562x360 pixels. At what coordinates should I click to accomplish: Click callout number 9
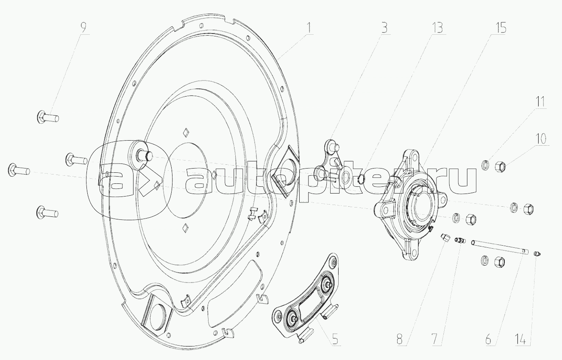coord(83,28)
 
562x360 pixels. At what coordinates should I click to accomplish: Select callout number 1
coord(309,28)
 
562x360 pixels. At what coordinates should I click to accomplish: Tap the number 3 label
coord(384,28)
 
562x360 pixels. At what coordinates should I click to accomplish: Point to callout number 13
coord(437,28)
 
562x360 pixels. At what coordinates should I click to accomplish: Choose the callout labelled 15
coord(500,28)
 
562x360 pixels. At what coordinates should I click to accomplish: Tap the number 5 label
coord(335,340)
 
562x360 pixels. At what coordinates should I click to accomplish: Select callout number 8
coord(400,340)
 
